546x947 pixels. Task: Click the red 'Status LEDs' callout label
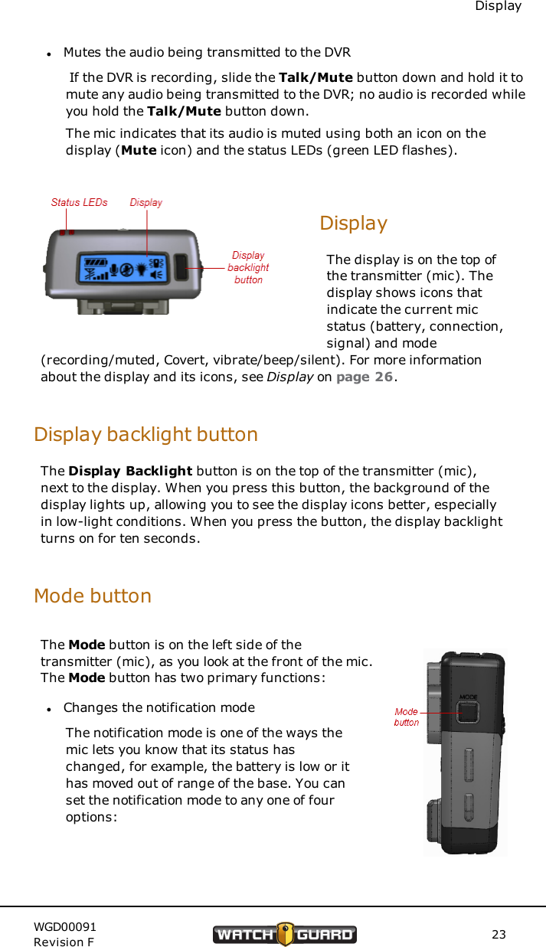(x=79, y=203)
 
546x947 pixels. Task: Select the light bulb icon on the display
(x=141, y=270)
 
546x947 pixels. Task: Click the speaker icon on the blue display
(x=159, y=272)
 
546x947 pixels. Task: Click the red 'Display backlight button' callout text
(x=248, y=267)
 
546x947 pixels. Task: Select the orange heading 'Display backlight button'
(x=145, y=434)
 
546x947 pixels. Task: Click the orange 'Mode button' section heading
(x=93, y=595)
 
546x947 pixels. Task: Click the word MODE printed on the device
(x=468, y=697)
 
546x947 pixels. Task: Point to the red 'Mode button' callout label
(x=406, y=717)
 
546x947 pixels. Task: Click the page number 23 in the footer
(x=499, y=934)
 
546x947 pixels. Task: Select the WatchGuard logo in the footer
(x=285, y=934)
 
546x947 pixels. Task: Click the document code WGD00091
(x=65, y=926)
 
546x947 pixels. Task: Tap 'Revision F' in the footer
(x=64, y=942)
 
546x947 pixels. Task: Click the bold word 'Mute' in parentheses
(x=139, y=150)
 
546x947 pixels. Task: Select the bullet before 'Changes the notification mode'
(x=48, y=708)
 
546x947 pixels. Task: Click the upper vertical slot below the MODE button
(x=468, y=766)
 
